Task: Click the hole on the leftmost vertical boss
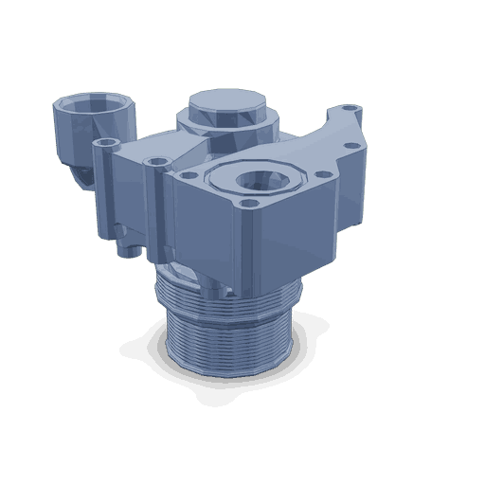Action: [x=106, y=141]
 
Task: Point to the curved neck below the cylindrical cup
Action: [x=85, y=172]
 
